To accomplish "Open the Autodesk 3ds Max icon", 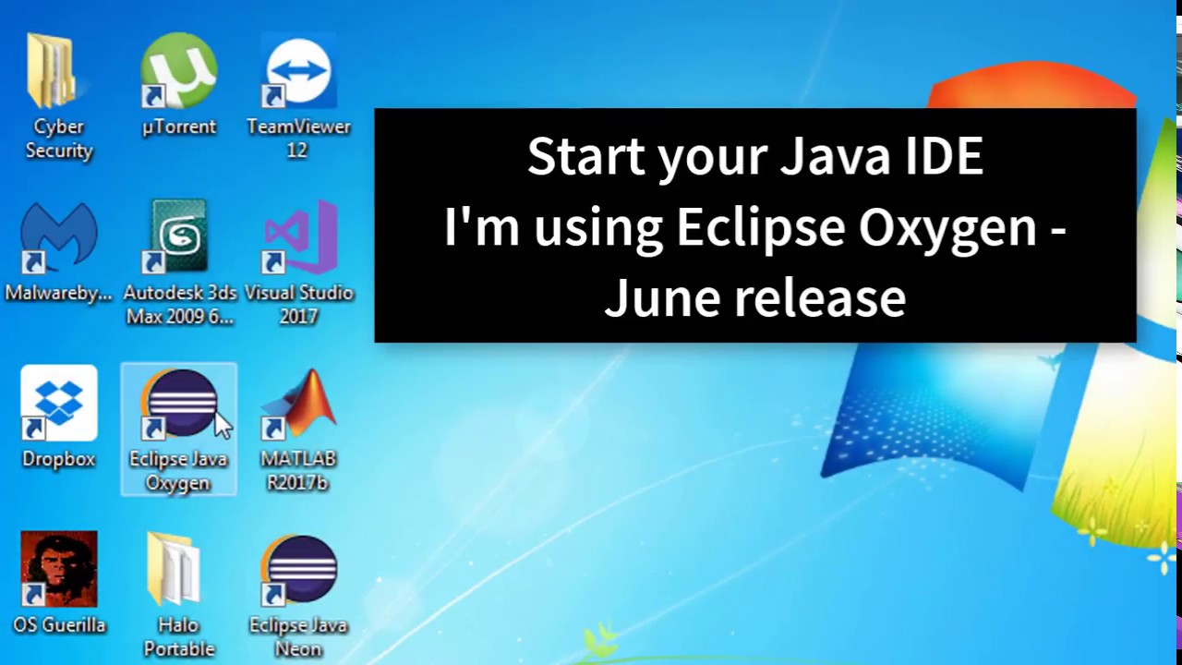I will [x=178, y=237].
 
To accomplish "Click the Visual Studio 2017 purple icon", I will [x=299, y=237].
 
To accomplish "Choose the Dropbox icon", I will [x=58, y=404].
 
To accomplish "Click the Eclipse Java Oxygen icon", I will [x=178, y=404].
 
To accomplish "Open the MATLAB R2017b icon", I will [x=299, y=404].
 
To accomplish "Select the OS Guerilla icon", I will [x=58, y=569].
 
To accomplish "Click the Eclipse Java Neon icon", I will [x=299, y=569].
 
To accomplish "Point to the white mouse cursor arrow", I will [x=223, y=426].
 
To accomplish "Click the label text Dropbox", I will [x=58, y=459].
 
